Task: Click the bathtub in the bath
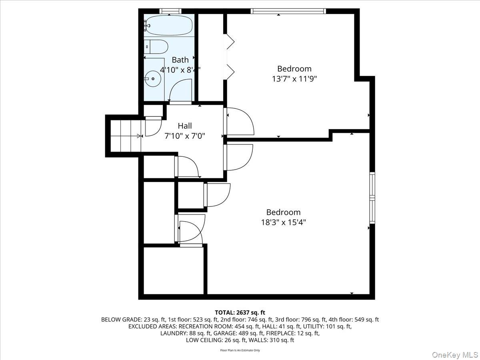pyautogui.click(x=169, y=25)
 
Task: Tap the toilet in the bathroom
pyautogui.click(x=156, y=47)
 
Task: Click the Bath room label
pyautogui.click(x=180, y=60)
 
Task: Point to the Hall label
pyautogui.click(x=185, y=126)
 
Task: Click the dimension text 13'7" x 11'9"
pyautogui.click(x=294, y=79)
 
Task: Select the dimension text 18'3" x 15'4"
pyautogui.click(x=283, y=222)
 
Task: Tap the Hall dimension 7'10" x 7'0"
pyautogui.click(x=185, y=136)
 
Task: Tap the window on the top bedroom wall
pyautogui.click(x=288, y=11)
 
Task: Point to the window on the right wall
pyautogui.click(x=372, y=198)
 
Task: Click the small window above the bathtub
pyautogui.click(x=170, y=11)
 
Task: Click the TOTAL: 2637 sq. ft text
pyautogui.click(x=240, y=312)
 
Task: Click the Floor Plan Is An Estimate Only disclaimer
pyautogui.click(x=240, y=350)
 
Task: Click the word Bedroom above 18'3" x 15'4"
pyautogui.click(x=283, y=212)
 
